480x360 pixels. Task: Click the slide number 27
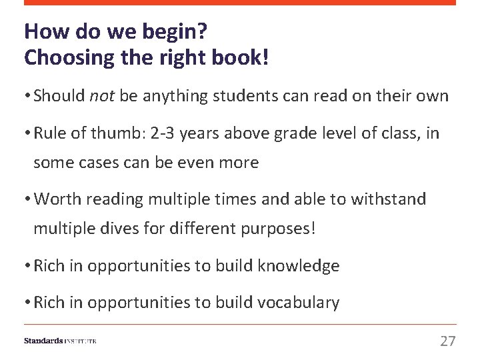(x=447, y=341)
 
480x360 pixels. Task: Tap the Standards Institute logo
(x=60, y=341)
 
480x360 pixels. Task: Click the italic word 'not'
(x=103, y=96)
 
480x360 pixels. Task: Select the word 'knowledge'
(x=299, y=266)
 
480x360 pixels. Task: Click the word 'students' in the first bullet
(x=241, y=96)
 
